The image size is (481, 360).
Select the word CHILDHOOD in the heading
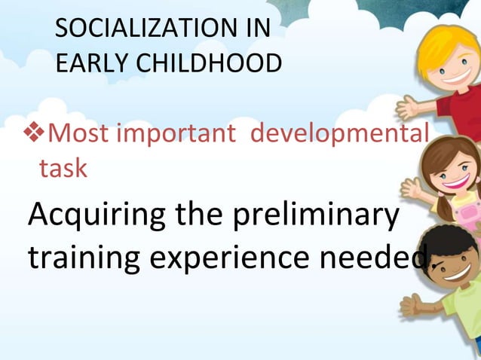tap(206, 63)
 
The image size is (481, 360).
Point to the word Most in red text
tap(78, 136)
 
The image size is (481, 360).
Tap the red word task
tap(63, 168)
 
